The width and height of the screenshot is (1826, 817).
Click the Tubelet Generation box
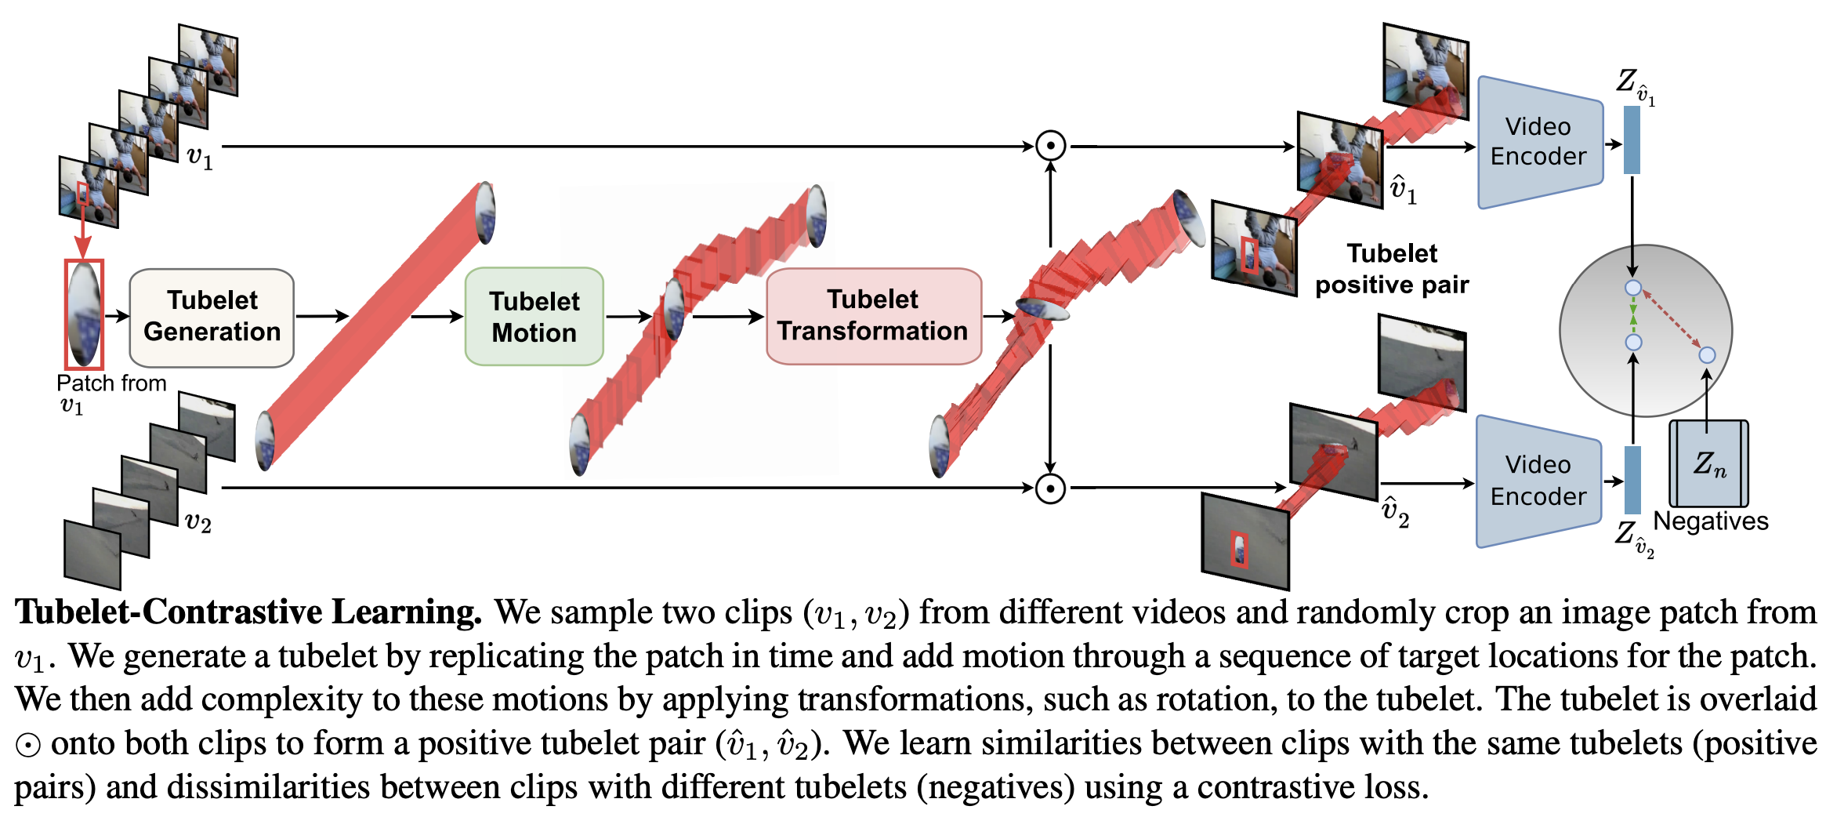212,318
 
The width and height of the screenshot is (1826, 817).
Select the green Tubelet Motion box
534,317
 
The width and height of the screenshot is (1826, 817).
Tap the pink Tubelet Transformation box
873,316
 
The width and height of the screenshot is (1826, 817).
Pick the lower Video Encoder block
1538,481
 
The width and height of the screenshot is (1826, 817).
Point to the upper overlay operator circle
1050,146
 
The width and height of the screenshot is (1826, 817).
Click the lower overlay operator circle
1050,488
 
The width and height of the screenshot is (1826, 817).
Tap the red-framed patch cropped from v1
84,314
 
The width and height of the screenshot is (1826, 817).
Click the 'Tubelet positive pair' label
1391,269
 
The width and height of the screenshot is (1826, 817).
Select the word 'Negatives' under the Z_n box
1711,521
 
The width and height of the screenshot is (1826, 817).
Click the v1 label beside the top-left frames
200,158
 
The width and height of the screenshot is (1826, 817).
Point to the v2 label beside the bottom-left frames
197,522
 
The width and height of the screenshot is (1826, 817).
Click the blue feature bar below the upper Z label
1632,140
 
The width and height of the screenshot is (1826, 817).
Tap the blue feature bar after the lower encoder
1632,480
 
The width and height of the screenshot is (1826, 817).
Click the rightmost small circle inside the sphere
1707,355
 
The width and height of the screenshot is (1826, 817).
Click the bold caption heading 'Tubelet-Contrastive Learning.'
248,612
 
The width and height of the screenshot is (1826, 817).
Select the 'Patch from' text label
111,383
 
